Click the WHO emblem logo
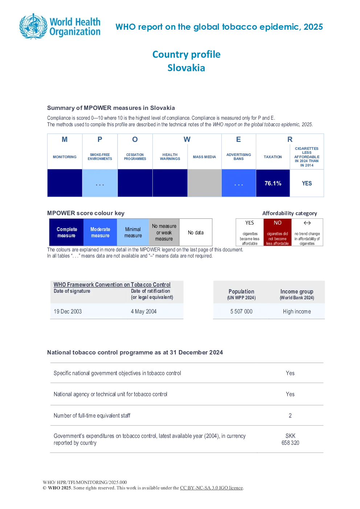[33, 26]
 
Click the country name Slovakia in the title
[186, 68]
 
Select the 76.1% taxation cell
[273, 183]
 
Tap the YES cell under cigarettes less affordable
[307, 183]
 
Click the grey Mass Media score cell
[204, 183]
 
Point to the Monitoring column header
[65, 157]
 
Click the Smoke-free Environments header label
[100, 157]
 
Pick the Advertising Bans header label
[239, 157]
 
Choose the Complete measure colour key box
[66, 232]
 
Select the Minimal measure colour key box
[133, 232]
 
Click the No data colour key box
[196, 232]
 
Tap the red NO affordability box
[278, 232]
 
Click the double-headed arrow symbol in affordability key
[307, 223]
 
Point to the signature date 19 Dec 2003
[67, 311]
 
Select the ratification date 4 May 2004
[144, 311]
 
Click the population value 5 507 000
[241, 311]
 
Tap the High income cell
[297, 311]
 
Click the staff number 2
[290, 415]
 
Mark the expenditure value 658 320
[290, 443]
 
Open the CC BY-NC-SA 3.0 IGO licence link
[211, 488]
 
